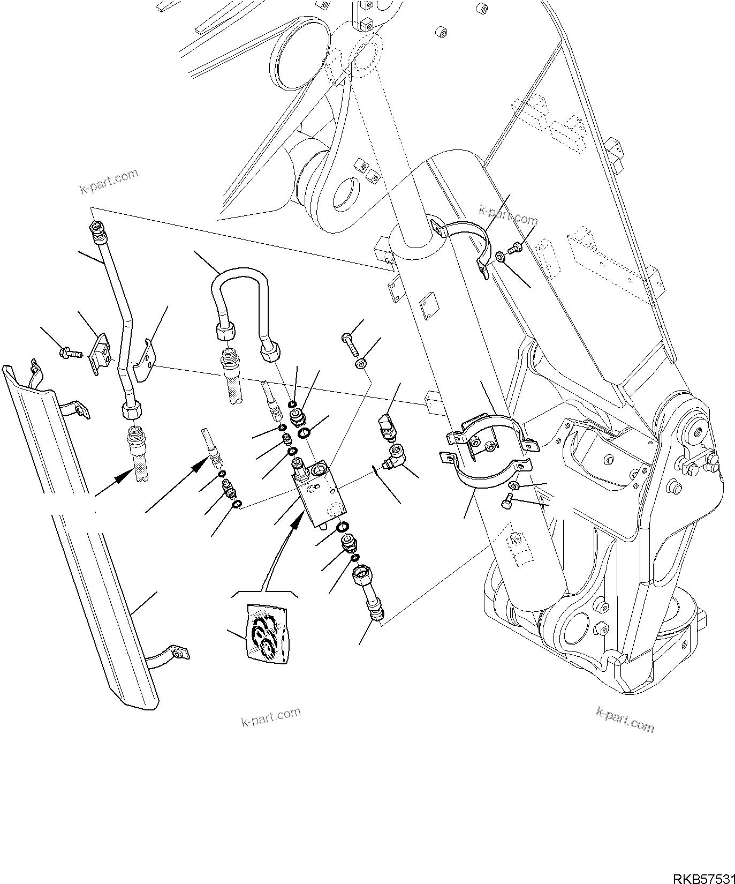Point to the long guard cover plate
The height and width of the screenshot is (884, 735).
point(80,536)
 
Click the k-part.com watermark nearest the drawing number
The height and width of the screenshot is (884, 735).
point(624,718)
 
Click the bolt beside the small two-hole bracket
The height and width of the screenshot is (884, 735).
point(67,351)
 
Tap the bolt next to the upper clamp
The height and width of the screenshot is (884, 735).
point(515,248)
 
